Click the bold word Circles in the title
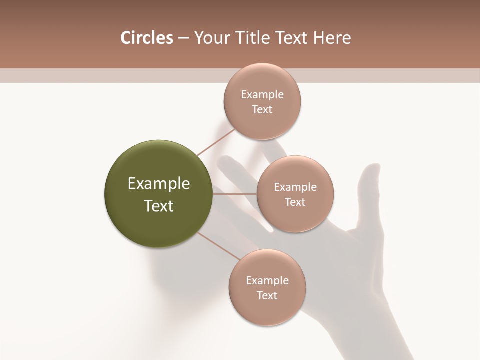pos(146,38)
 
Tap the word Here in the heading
pos(332,38)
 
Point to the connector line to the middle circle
pos(235,194)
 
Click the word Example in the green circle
pos(159,184)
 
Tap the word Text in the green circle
pos(159,206)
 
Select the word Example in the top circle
pos(262,95)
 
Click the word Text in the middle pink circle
pos(295,202)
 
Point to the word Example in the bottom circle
pos(267,281)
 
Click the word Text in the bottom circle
pos(267,296)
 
